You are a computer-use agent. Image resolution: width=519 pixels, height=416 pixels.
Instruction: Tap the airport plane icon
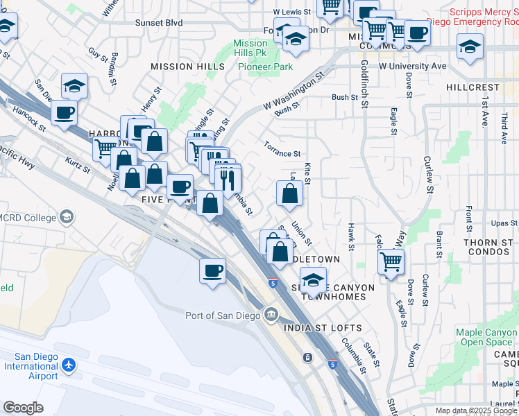(68, 364)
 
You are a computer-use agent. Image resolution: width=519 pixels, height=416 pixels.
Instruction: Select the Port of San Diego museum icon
(270, 315)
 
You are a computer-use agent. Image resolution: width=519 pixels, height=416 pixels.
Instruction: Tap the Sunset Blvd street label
(159, 23)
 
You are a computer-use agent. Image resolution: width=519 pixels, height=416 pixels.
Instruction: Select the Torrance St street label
(282, 149)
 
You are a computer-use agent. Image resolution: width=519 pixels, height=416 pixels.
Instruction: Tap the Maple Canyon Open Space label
(486, 337)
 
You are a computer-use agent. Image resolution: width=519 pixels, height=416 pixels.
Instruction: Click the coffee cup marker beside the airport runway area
(212, 270)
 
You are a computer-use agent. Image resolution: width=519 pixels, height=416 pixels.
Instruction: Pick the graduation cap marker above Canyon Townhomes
(314, 280)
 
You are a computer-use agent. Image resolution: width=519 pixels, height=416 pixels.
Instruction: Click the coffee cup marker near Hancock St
(64, 112)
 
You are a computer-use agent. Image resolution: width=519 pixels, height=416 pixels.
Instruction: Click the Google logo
(22, 408)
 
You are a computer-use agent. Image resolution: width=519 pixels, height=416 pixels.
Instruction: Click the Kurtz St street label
(77, 165)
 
